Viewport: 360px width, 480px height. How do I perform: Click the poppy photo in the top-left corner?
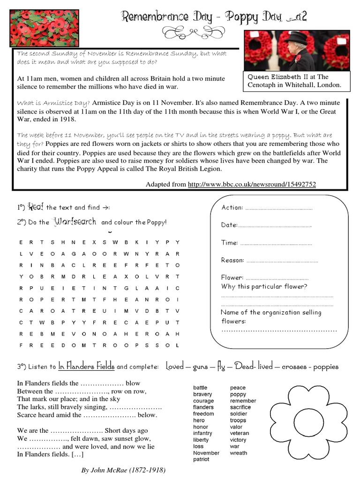(38, 28)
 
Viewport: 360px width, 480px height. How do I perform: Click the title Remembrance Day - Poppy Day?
(214, 17)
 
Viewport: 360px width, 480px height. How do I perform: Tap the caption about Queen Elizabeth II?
(295, 81)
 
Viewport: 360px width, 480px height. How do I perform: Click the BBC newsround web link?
(252, 185)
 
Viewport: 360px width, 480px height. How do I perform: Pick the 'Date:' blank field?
(275, 225)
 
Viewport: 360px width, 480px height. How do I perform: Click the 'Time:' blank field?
(276, 243)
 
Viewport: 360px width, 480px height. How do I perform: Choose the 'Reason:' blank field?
(282, 261)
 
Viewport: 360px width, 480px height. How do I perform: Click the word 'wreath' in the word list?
(238, 453)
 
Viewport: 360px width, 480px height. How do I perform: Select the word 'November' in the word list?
(206, 453)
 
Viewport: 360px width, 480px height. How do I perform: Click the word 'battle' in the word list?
(200, 388)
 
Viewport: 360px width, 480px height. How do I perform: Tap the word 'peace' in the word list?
(238, 388)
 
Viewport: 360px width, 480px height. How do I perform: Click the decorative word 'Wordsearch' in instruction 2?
(75, 221)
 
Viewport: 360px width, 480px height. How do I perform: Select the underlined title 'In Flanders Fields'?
(87, 367)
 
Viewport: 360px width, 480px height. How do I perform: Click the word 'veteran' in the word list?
(240, 434)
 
